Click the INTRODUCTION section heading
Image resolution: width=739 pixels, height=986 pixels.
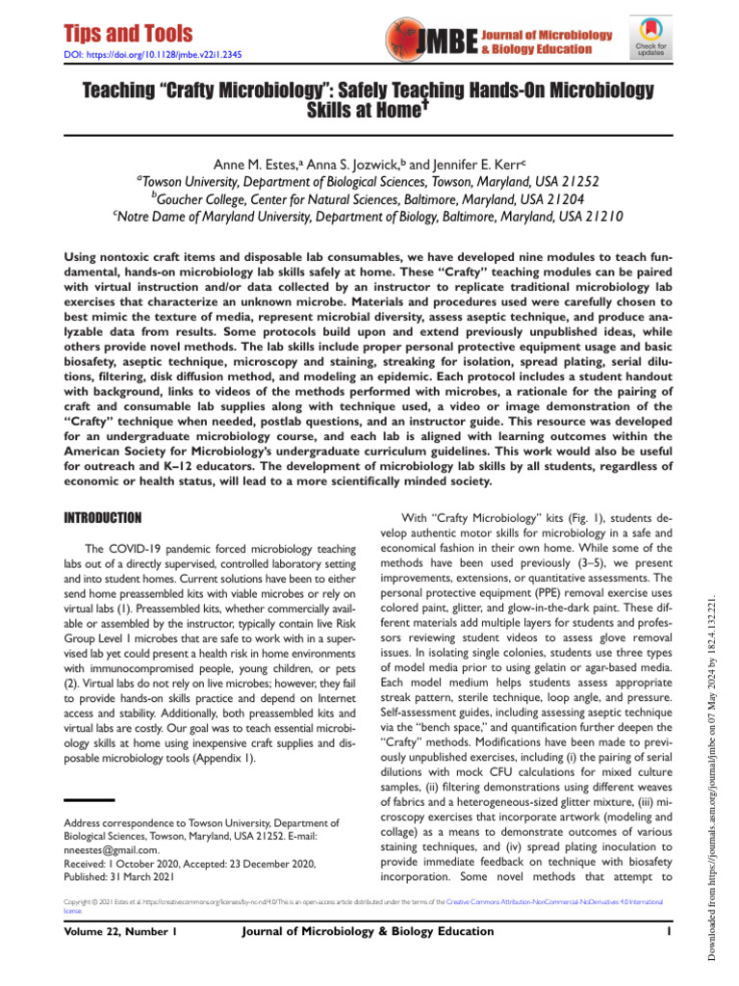point(101,518)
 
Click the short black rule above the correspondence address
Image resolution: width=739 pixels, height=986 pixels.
point(89,800)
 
